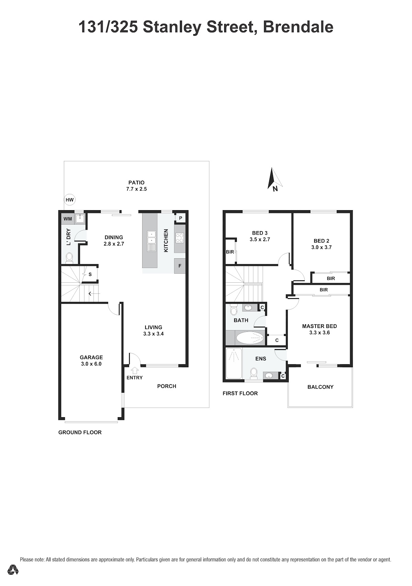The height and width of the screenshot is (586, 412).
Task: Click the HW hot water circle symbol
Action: (69, 200)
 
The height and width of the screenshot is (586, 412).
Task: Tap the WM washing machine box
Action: (68, 219)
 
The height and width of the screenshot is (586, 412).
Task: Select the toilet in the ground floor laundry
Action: (69, 257)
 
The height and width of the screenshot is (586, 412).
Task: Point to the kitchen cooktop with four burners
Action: (180, 238)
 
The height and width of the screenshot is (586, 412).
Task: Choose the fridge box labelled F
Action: (180, 266)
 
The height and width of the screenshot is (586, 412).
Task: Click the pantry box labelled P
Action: (180, 218)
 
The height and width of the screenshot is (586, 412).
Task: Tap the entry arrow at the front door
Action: (135, 370)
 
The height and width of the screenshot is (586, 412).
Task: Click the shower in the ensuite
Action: (234, 363)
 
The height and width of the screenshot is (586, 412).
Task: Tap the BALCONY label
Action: (320, 387)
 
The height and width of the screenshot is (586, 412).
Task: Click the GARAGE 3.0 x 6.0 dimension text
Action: (91, 364)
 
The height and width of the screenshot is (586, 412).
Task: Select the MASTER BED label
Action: (320, 326)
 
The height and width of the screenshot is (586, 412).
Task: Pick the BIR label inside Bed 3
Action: (230, 252)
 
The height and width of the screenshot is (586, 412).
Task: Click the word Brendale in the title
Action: (298, 27)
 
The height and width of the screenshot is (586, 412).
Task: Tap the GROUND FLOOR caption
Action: (80, 432)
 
